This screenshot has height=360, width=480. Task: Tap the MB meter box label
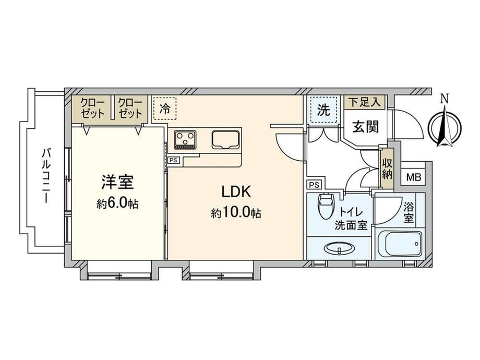click(414, 177)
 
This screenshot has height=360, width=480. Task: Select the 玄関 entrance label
click(366, 126)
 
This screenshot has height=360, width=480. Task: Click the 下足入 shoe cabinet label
click(365, 102)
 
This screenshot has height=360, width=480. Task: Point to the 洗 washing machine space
click(323, 109)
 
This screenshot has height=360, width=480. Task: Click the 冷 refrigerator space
click(165, 109)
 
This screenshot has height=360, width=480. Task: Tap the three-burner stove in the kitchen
click(185, 140)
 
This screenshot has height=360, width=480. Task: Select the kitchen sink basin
click(225, 140)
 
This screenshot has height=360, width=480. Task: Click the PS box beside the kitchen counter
click(174, 160)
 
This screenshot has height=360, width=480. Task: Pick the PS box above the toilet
click(314, 185)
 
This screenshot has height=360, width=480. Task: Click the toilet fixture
click(325, 206)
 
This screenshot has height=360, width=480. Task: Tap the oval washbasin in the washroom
click(340, 248)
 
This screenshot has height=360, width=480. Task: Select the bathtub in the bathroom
click(400, 244)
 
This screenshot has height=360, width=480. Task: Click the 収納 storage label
click(387, 169)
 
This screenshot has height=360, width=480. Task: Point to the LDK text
click(236, 191)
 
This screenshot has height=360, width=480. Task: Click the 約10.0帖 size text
click(236, 213)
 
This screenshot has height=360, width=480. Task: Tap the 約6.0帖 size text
click(117, 203)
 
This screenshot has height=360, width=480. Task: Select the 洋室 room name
click(118, 183)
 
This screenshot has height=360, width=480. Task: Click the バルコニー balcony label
click(46, 175)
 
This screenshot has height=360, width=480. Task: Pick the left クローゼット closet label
click(93, 108)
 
